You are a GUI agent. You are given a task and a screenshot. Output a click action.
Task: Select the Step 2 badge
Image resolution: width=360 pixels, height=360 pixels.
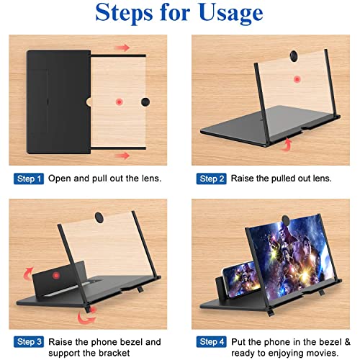tap(212, 178)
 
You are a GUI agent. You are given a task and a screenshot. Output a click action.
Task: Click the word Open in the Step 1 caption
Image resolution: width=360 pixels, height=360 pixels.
tap(60, 178)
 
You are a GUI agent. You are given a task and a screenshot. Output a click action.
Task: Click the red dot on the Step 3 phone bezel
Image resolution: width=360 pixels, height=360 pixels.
tap(57, 276)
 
